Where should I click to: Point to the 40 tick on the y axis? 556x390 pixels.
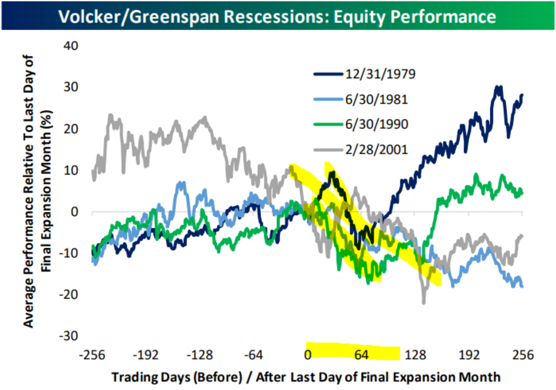(x=71, y=46)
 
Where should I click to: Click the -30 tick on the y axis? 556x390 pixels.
(x=69, y=336)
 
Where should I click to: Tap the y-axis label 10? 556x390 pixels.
(x=71, y=170)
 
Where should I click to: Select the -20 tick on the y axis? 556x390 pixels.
(x=69, y=294)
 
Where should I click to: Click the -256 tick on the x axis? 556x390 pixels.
(x=92, y=355)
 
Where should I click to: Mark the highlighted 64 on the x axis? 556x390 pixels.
(x=361, y=355)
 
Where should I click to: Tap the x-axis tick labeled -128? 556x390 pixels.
(x=200, y=355)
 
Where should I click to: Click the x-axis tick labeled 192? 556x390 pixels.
(x=469, y=355)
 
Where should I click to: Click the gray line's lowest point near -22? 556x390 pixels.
(x=424, y=303)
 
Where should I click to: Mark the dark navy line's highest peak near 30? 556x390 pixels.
(x=497, y=87)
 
